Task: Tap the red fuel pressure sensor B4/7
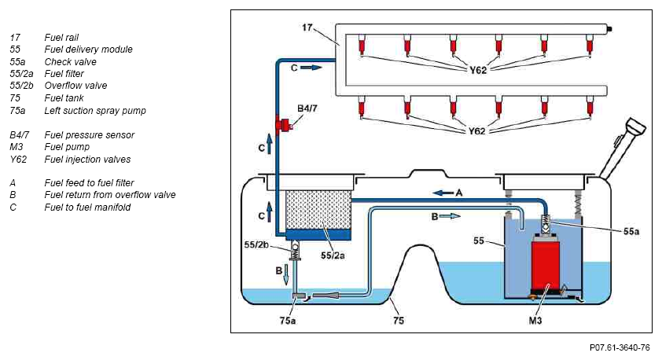(x=284, y=125)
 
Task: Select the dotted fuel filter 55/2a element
(x=318, y=210)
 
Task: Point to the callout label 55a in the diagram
(x=631, y=231)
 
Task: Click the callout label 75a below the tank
(x=288, y=321)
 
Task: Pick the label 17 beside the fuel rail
(x=307, y=28)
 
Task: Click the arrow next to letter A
(x=443, y=193)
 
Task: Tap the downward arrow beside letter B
(x=286, y=274)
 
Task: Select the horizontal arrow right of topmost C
(x=311, y=68)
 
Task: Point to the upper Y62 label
(x=478, y=70)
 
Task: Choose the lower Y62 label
(x=476, y=131)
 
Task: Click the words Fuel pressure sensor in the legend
(x=90, y=135)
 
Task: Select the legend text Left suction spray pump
(x=95, y=111)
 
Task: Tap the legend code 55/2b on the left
(x=21, y=86)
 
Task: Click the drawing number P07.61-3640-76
(x=620, y=347)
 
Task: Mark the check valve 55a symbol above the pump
(x=546, y=224)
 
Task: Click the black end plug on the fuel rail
(x=609, y=29)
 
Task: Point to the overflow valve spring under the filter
(x=295, y=253)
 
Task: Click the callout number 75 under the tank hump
(x=399, y=321)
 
